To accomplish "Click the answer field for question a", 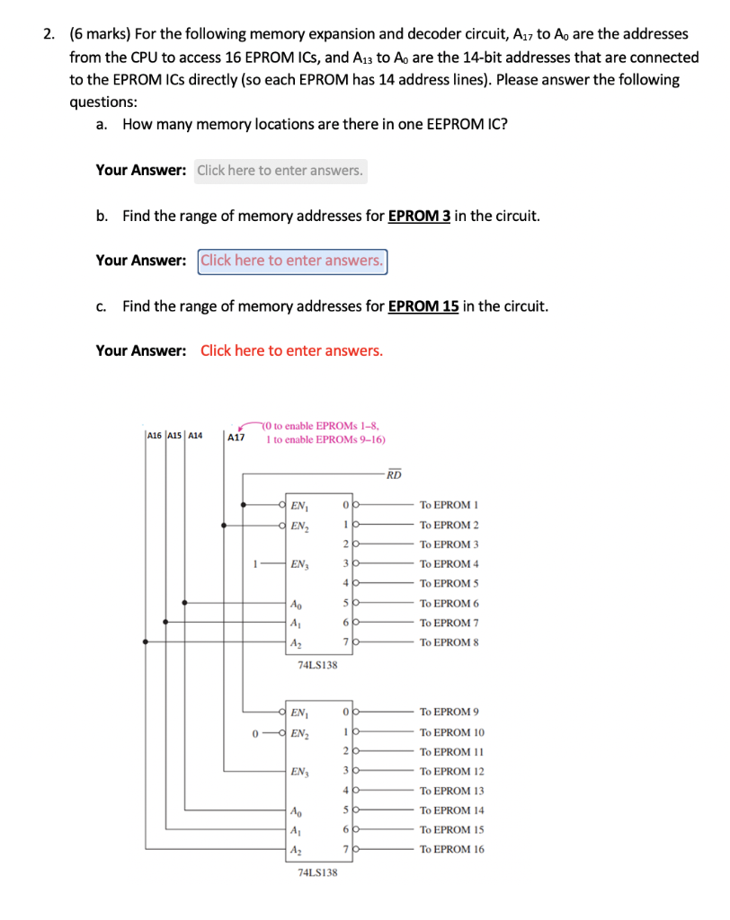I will coord(280,170).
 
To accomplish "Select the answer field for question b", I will coord(292,261).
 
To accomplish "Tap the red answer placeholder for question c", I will coord(291,350).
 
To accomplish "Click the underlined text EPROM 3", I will coord(420,216).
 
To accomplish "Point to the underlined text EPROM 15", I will coord(423,305).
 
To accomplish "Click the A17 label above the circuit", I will coord(236,437).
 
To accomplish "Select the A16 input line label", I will coord(154,435).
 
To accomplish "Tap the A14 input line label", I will coord(195,435).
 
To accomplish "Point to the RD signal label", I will coord(394,474).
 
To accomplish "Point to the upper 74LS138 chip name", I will coord(317,665).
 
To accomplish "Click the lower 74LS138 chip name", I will coord(317,872).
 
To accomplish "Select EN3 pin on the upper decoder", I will coord(299,564).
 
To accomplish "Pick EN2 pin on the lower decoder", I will coord(299,731).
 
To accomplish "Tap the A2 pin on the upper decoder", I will coord(296,641).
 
